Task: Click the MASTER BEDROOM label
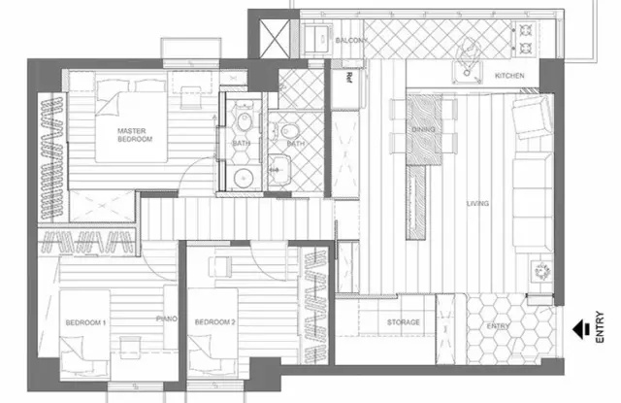point(135,135)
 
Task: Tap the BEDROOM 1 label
point(85,322)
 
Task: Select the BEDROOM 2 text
point(215,322)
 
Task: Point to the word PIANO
point(167,319)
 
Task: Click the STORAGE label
point(404,322)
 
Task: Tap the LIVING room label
point(477,203)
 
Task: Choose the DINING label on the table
point(423,129)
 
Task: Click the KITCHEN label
point(509,76)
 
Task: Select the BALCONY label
point(351,40)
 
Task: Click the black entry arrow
point(581,329)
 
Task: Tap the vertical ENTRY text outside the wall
point(600,327)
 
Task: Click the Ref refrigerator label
point(349,77)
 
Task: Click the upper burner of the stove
point(526,30)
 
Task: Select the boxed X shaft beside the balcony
point(275,39)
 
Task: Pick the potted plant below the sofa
point(541,272)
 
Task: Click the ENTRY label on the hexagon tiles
point(498,325)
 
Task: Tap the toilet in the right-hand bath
point(290,130)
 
